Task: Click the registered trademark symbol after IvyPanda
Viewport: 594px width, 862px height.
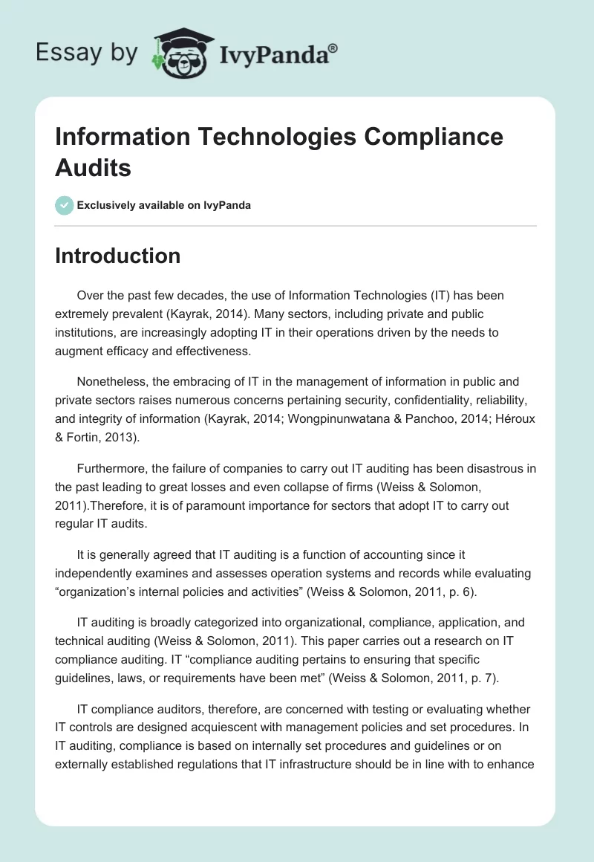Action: (333, 48)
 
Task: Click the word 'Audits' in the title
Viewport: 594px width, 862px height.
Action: (94, 168)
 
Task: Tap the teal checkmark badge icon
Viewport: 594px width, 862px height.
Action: (65, 206)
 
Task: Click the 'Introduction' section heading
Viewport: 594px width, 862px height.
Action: (118, 256)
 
